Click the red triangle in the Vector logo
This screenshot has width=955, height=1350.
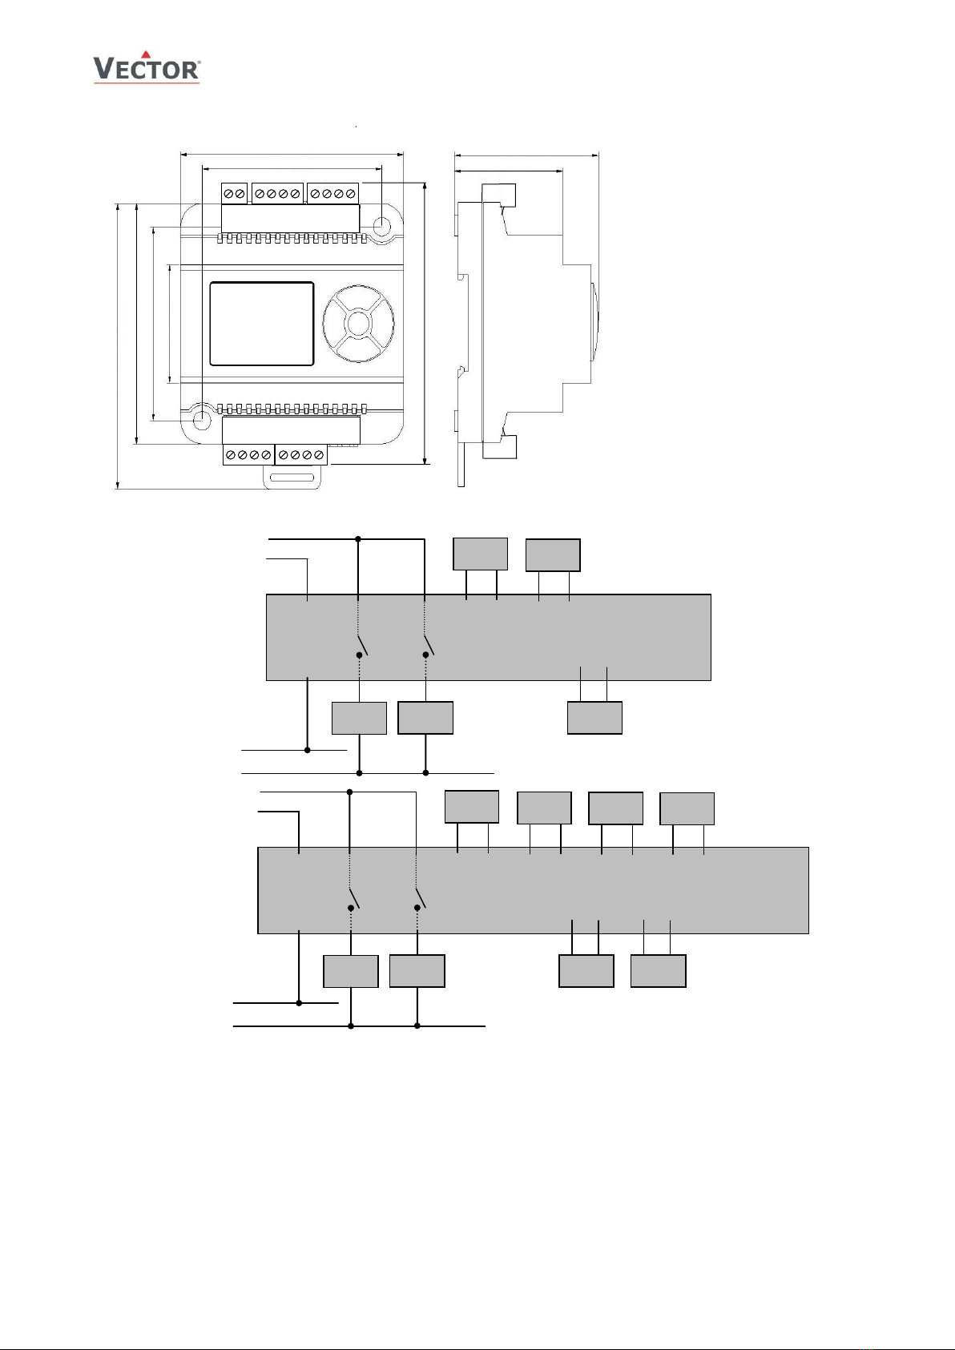coord(146,55)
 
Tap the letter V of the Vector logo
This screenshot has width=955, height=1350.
coord(103,70)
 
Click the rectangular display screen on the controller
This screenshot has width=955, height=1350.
coord(261,324)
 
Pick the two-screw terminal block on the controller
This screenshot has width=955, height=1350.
coord(234,194)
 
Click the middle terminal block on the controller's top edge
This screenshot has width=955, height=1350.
coord(277,194)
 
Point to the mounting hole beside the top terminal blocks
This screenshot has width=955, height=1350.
coord(383,227)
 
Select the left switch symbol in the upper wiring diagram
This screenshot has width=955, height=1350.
coord(362,645)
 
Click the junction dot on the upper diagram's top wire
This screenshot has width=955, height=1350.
coord(358,539)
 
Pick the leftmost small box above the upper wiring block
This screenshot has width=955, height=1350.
coord(480,554)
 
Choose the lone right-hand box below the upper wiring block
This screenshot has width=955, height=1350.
coord(594,717)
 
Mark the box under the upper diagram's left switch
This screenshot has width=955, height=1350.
coord(359,717)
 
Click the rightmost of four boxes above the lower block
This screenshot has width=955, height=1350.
coord(687,808)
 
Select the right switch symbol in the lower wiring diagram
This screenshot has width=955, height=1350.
coord(420,898)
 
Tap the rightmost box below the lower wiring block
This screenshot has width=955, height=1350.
coord(658,970)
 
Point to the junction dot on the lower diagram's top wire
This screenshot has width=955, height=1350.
coord(350,792)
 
